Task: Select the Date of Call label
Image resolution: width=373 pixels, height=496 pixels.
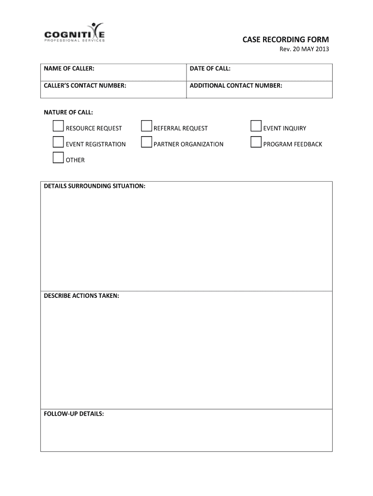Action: click(x=210, y=69)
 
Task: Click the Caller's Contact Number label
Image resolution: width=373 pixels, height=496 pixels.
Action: click(x=85, y=86)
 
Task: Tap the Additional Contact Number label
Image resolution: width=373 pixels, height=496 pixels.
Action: click(x=236, y=86)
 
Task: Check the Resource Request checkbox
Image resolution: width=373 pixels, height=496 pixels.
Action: click(x=58, y=126)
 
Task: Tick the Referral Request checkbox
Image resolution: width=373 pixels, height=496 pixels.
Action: click(x=146, y=126)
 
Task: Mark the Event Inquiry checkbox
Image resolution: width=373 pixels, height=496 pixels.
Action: click(x=256, y=126)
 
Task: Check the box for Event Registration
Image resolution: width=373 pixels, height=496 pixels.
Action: click(x=58, y=142)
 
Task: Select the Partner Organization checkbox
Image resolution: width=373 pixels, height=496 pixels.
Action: click(x=146, y=142)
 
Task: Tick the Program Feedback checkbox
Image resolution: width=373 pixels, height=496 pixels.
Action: click(x=256, y=142)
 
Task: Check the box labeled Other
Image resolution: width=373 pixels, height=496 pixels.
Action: click(x=58, y=158)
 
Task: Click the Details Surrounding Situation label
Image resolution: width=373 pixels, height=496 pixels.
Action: click(x=94, y=186)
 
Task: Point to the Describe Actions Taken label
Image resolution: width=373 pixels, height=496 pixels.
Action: click(x=81, y=295)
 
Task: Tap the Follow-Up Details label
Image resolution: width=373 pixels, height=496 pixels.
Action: click(x=74, y=414)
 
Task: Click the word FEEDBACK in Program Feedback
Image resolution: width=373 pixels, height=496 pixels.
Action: click(x=307, y=144)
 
